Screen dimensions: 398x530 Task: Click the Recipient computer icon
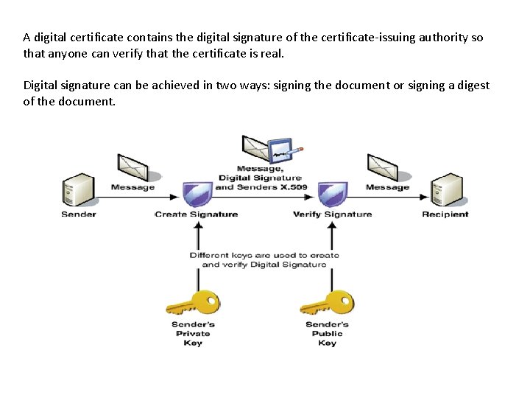pos(446,191)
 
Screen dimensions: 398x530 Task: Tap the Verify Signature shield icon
pos(332,194)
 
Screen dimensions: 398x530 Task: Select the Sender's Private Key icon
pos(192,303)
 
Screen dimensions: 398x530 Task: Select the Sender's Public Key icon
pos(327,303)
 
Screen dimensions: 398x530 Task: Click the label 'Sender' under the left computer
pos(78,214)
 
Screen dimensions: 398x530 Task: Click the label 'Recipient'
pos(445,214)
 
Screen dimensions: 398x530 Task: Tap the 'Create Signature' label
pos(197,214)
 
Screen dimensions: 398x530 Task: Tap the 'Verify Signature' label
pos(332,214)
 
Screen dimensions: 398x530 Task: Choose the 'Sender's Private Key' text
pos(192,334)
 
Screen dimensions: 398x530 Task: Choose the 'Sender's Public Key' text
pos(327,334)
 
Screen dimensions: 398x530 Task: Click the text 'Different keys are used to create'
pos(264,255)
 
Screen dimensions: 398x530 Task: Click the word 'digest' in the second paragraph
pos(473,85)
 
